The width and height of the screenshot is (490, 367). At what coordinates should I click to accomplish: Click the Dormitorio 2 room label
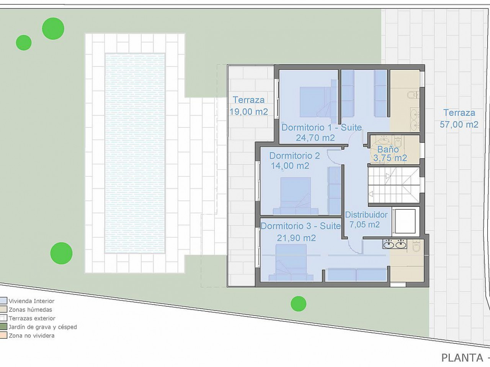294,156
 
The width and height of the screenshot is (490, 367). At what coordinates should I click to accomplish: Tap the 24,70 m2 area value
315,138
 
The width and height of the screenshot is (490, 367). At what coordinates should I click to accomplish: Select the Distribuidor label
366,215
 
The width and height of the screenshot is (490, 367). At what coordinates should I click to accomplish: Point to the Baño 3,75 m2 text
390,154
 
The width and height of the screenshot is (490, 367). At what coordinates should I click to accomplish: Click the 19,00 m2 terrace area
249,112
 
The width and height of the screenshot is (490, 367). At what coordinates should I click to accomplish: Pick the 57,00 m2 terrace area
459,124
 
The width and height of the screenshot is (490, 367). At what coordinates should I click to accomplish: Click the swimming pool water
135,153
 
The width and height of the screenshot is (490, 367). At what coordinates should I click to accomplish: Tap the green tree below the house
299,304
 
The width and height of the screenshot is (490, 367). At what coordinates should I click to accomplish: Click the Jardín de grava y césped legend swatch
3,327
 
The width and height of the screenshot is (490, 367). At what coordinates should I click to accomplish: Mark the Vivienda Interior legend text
31,301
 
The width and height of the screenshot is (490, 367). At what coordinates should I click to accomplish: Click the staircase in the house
394,185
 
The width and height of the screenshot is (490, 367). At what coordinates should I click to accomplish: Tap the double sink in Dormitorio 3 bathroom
395,244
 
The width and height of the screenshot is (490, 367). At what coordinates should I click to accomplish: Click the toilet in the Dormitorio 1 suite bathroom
413,95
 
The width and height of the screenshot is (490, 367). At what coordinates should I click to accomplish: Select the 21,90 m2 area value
296,238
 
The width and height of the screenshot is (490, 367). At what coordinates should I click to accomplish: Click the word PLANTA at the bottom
462,358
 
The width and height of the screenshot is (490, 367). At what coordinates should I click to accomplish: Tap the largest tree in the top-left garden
53,29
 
